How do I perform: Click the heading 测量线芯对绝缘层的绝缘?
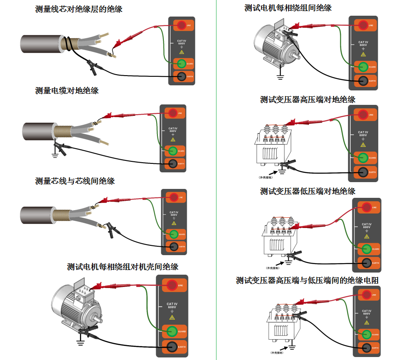79,8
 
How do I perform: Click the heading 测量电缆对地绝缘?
67,90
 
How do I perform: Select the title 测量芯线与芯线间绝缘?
75,181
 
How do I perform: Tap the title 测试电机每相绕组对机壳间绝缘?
123,267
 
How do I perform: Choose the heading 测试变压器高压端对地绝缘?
308,99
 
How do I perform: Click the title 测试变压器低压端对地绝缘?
308,191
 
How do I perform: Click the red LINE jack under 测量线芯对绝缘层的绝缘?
181,25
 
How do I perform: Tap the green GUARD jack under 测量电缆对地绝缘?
172,151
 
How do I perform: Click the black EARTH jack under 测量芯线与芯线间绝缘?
173,247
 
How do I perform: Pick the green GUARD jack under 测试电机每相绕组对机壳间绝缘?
171,331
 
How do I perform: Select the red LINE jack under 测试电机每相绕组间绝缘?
363,25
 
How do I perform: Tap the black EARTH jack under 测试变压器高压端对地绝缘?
363,172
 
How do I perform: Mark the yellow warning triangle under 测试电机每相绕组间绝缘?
363,54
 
